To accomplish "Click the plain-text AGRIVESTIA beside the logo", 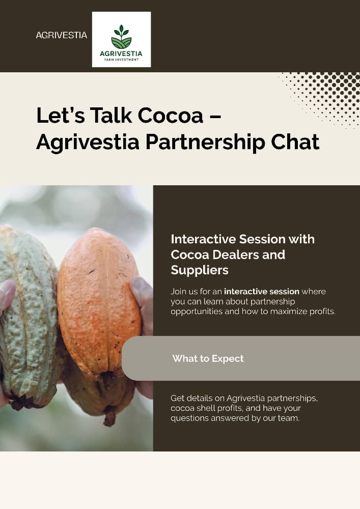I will [61, 36].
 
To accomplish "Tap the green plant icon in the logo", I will [121, 37].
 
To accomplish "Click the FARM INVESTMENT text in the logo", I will [121, 59].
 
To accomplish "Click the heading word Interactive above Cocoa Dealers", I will [207, 239].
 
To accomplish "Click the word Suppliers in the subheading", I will [200, 270].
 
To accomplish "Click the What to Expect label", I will [208, 358].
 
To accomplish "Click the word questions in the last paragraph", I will [189, 418].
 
